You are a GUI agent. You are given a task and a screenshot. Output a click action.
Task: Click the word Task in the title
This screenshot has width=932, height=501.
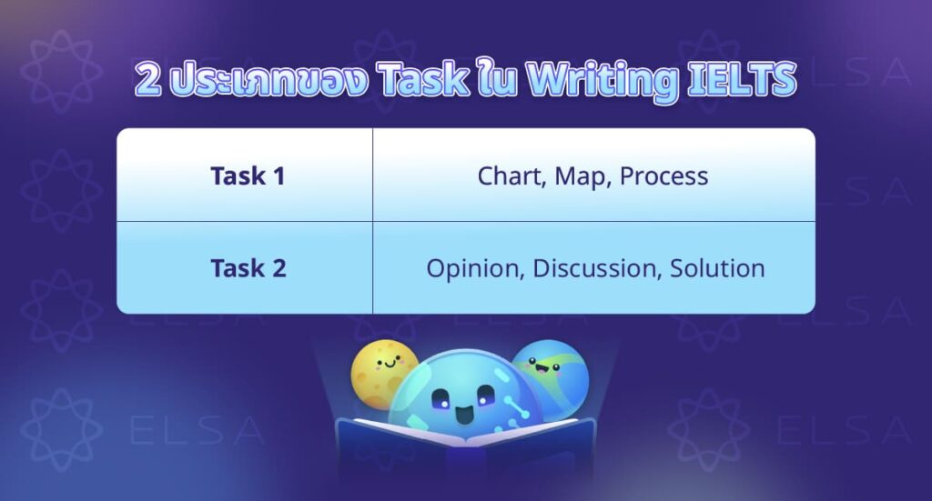(x=420, y=81)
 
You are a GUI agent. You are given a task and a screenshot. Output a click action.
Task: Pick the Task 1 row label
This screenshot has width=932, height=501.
(x=248, y=175)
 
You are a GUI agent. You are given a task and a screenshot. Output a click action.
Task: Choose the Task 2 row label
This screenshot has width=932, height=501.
(x=248, y=268)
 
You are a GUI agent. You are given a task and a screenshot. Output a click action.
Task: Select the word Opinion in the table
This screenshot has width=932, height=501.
(x=474, y=269)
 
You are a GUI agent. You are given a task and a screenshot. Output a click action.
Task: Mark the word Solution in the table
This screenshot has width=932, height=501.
(x=717, y=268)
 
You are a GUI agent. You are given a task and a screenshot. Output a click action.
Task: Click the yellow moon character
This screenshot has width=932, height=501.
(x=381, y=369)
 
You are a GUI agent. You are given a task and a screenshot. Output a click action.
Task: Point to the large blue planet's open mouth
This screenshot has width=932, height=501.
(x=463, y=417)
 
